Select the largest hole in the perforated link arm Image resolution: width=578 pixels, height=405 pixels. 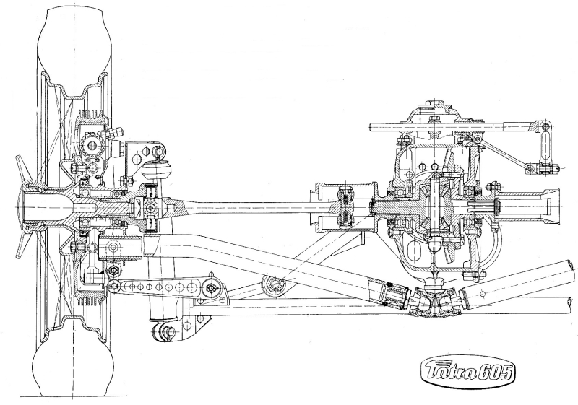[191, 286]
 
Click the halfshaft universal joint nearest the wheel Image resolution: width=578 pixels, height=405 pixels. [150, 208]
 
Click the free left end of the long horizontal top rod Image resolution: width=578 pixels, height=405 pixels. [371, 128]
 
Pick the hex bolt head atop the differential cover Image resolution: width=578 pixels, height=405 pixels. [434, 118]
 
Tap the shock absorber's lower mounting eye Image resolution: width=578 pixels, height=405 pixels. [161, 328]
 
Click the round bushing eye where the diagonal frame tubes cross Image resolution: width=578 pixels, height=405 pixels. [274, 285]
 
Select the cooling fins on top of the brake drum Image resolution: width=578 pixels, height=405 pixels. [90, 113]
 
